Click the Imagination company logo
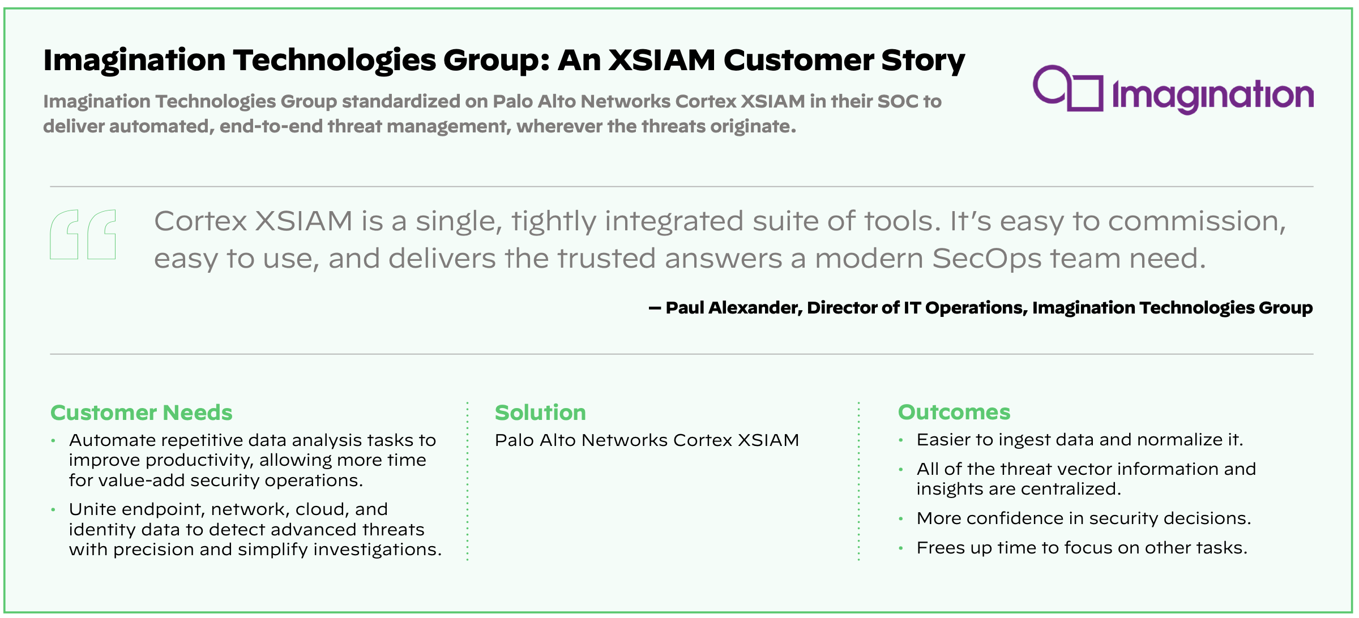tap(1172, 91)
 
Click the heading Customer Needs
tap(141, 413)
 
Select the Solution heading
tap(540, 413)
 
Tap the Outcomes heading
tap(954, 412)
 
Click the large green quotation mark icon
tap(83, 234)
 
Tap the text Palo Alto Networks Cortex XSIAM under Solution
tap(647, 440)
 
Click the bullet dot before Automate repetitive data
tap(53, 440)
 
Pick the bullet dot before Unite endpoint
tap(53, 509)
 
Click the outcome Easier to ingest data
tap(1079, 440)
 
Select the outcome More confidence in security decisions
tap(1083, 518)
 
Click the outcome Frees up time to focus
tap(1082, 548)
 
